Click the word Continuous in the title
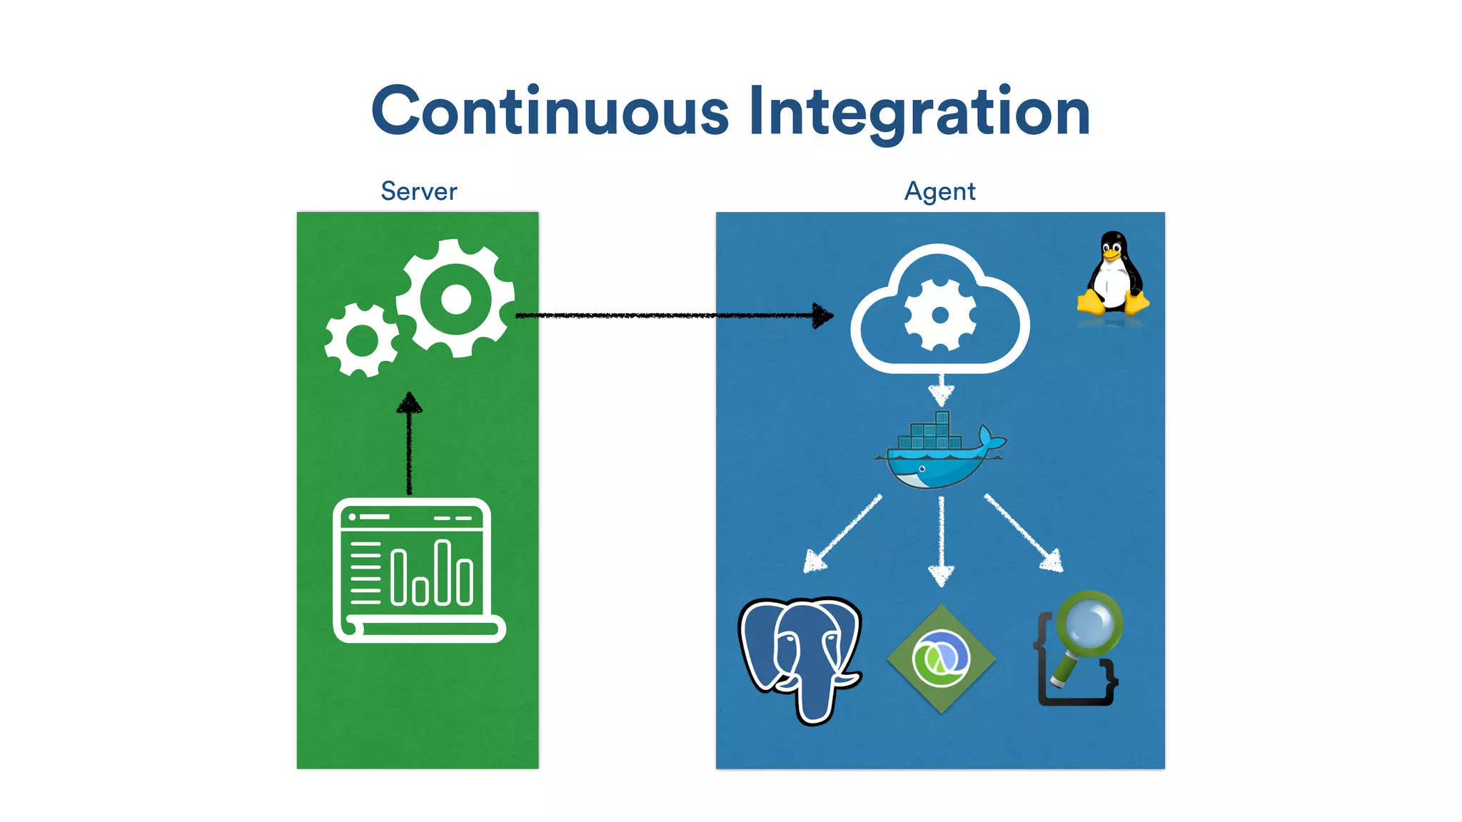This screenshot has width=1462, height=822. (550, 111)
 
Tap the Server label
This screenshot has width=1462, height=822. (418, 191)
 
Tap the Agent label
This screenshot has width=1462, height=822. (939, 191)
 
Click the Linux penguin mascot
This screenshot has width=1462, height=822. (1112, 275)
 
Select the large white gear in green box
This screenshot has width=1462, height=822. (455, 298)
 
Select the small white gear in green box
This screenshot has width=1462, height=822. (361, 340)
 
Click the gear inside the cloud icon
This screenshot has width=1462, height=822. (939, 315)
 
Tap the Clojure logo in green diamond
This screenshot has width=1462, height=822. (941, 658)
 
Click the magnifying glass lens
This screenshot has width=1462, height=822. (1089, 622)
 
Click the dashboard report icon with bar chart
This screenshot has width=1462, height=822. (418, 571)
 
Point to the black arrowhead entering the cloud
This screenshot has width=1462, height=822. (822, 315)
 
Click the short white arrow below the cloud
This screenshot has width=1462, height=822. (941, 390)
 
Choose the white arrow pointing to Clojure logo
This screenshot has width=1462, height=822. (941, 542)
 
